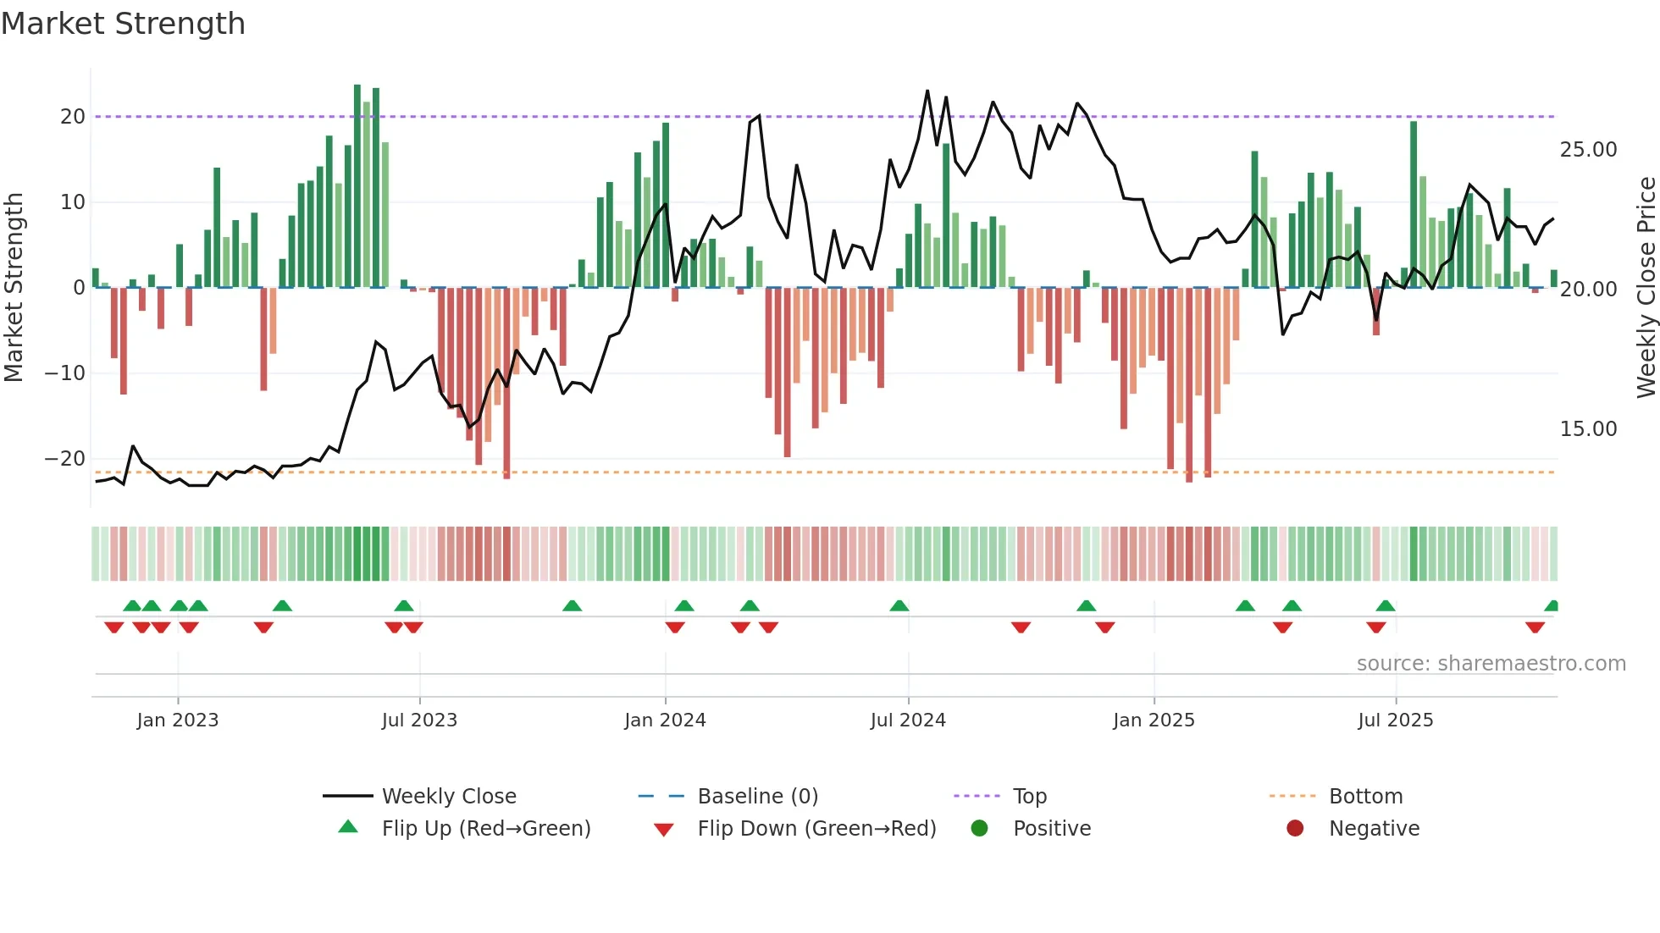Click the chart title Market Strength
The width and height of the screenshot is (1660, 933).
point(123,24)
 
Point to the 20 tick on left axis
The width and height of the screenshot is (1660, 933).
point(73,117)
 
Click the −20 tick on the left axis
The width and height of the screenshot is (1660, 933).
point(65,459)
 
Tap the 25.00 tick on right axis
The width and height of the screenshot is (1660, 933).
point(1588,150)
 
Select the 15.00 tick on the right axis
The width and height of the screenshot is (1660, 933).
point(1588,429)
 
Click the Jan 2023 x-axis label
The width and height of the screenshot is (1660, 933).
point(178,720)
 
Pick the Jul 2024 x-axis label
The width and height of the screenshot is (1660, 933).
point(908,720)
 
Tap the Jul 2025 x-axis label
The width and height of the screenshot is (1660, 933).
point(1395,720)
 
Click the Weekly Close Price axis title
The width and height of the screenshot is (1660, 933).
point(1646,288)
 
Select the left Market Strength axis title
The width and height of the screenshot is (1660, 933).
point(14,288)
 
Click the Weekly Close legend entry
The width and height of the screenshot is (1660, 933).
point(449,797)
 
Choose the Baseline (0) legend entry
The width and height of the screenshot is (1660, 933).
point(757,797)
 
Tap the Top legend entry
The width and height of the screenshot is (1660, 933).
point(1030,797)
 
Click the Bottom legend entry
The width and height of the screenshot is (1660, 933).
point(1365,797)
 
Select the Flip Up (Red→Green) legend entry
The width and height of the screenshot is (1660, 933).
point(486,829)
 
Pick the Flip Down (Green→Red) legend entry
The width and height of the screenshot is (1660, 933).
point(816,829)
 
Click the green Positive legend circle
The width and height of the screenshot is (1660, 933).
point(980,829)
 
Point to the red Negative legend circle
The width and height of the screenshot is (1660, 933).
point(1295,829)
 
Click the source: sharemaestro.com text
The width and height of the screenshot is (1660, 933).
point(1491,664)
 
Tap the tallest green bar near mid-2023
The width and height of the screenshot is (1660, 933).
point(357,186)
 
